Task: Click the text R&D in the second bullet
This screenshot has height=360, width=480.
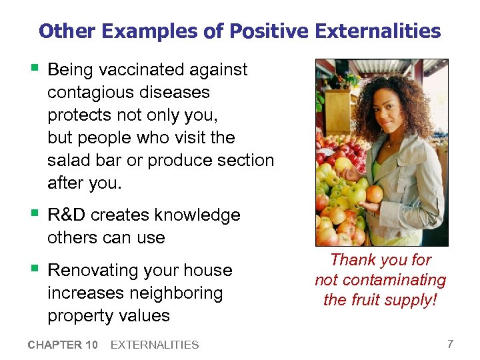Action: tap(67, 215)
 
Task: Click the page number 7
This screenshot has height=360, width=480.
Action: tap(450, 344)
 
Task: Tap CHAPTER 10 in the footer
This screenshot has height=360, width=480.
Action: tap(63, 345)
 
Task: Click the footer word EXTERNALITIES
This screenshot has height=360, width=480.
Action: tap(154, 345)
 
